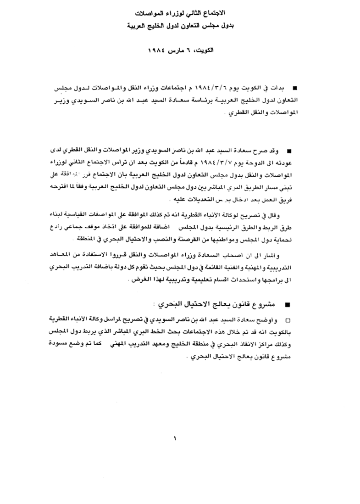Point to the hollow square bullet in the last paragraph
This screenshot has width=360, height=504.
point(288,319)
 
